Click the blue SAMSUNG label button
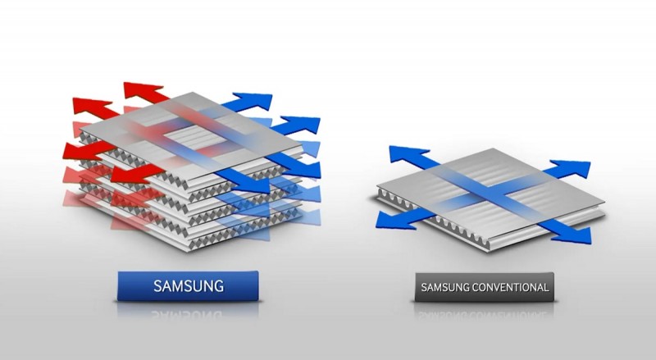[x=188, y=287]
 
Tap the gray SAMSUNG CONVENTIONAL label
[x=484, y=288]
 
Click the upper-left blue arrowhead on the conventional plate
[x=399, y=153]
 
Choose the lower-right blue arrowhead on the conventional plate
[x=573, y=234]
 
